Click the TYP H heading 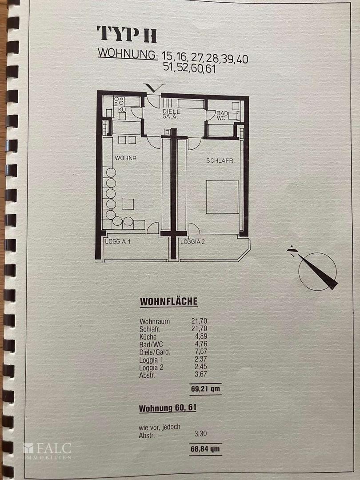coord(127,34)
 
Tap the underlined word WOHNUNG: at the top coord(128,53)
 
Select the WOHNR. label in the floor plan coord(126,158)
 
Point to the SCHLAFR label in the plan coord(220,160)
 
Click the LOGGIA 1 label coord(118,241)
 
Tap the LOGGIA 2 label coord(192,241)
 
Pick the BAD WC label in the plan coord(222,116)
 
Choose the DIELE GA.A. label coord(172,114)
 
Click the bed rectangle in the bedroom coord(222,197)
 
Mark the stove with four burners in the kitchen coord(119,101)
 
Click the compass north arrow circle coord(317,272)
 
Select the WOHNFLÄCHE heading coord(169,301)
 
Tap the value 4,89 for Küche coord(201,336)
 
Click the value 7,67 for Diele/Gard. coord(201,352)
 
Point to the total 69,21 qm coord(205,389)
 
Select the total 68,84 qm coord(205,449)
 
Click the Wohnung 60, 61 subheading coord(168,408)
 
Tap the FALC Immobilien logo coord(48,451)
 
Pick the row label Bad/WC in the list coord(151,344)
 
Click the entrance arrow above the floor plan coord(154,88)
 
